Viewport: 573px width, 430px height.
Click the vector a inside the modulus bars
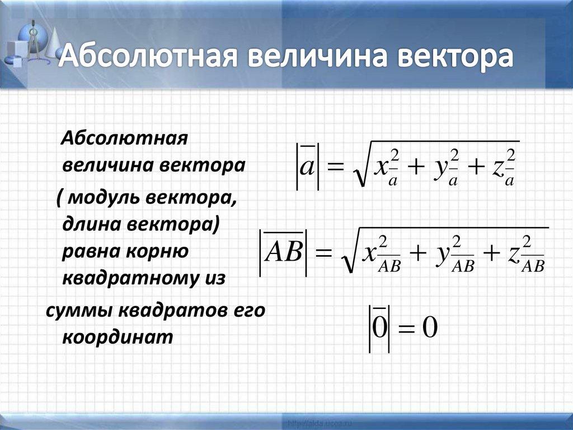tap(306, 167)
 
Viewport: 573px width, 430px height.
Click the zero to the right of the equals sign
tap(428, 328)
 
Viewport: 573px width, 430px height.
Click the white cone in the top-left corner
tap(53, 42)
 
